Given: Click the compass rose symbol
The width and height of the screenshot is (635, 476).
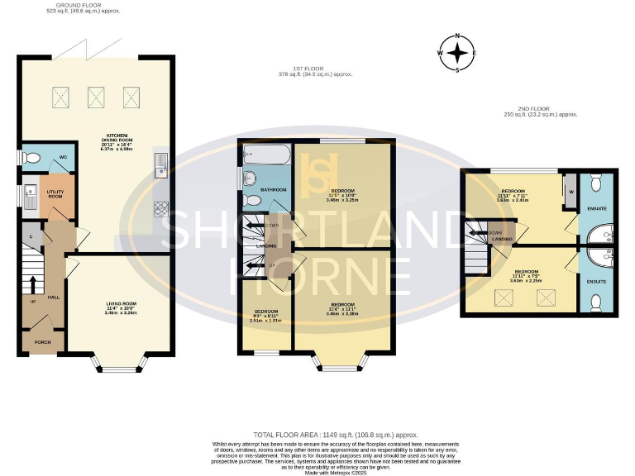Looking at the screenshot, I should pyautogui.click(x=457, y=54).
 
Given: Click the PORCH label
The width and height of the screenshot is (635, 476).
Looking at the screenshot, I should pyautogui.click(x=41, y=341).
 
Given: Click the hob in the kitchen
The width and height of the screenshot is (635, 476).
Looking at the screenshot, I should pyautogui.click(x=162, y=208).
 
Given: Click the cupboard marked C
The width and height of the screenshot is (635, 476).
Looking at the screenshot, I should pyautogui.click(x=31, y=236).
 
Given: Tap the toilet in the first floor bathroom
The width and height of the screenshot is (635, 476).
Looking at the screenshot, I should pyautogui.click(x=253, y=200).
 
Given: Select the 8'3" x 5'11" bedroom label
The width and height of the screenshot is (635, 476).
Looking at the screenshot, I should pyautogui.click(x=265, y=314).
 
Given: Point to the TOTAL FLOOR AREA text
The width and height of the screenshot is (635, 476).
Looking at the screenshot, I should pyautogui.click(x=334, y=435).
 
